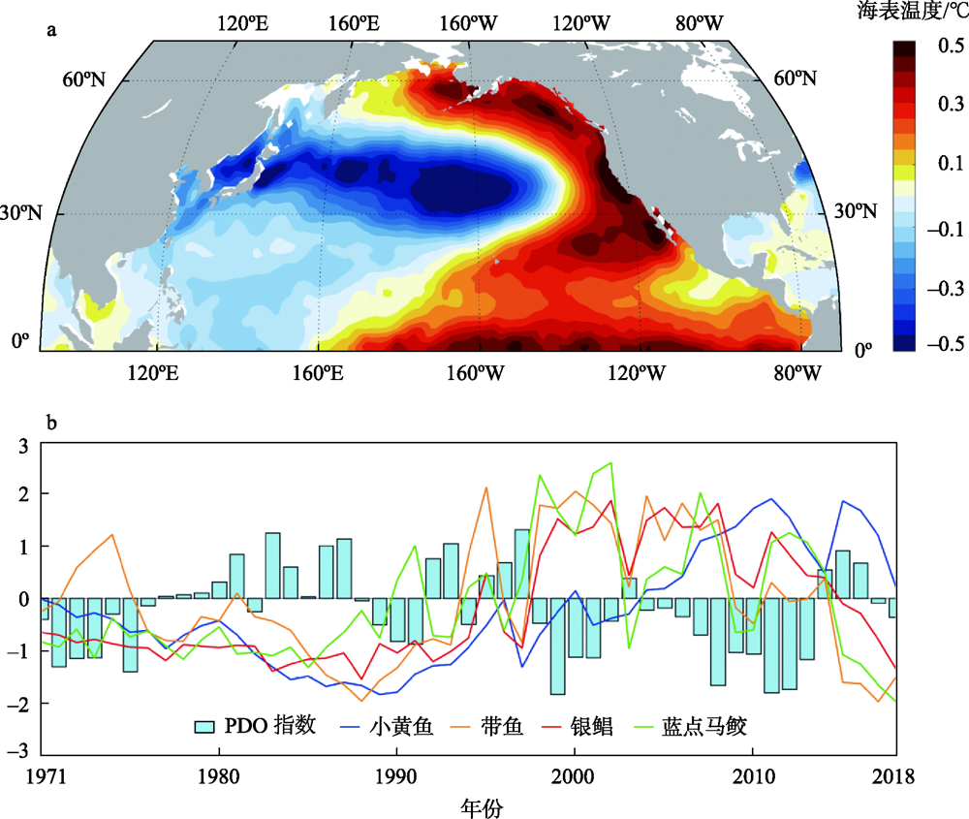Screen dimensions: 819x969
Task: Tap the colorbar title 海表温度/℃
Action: point(912,13)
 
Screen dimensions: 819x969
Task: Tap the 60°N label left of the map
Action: point(83,79)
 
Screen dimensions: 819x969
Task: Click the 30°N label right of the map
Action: point(857,212)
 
